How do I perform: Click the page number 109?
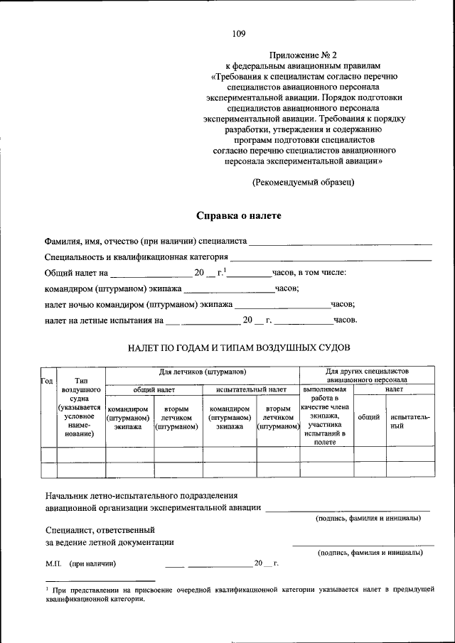tap(238, 33)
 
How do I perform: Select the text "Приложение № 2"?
tap(304, 55)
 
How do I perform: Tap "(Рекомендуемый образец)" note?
tap(304, 183)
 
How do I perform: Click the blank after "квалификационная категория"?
tap(331, 257)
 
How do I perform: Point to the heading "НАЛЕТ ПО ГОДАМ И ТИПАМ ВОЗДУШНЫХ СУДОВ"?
tap(239, 347)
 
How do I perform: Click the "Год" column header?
tap(48, 382)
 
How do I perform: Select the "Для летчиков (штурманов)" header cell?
tap(203, 372)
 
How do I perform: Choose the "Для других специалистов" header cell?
tap(367, 375)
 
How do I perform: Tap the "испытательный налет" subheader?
tap(252, 389)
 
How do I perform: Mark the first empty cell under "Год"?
tap(48, 454)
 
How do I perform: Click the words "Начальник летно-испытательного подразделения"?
tap(141, 495)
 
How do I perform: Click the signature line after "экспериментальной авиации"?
tap(348, 509)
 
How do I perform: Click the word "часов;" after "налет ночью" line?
tap(343, 304)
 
